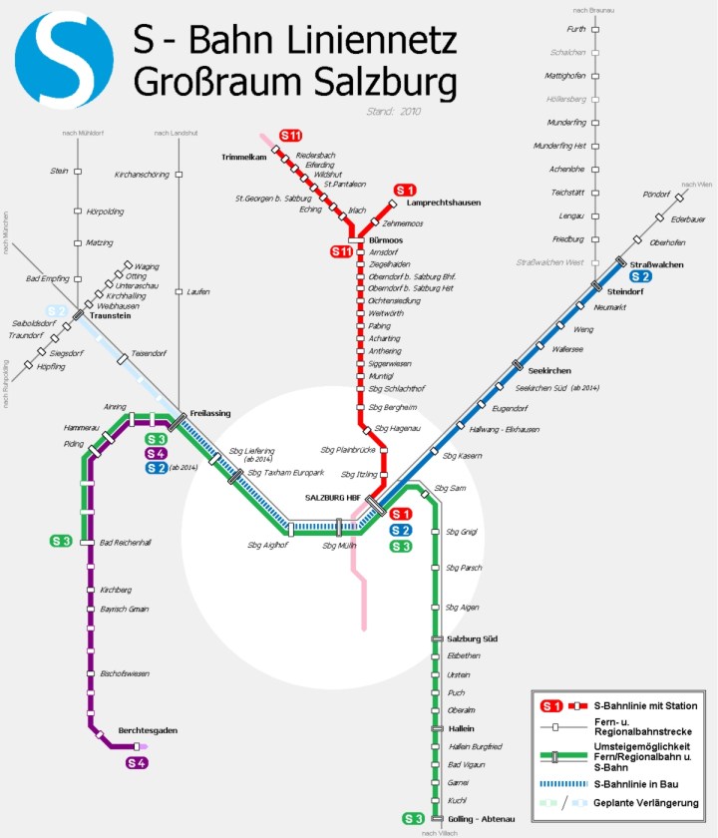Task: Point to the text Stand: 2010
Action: pyautogui.click(x=394, y=111)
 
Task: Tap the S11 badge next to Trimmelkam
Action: pyautogui.click(x=290, y=135)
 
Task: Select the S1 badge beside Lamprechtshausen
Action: pyautogui.click(x=405, y=190)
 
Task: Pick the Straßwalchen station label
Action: pyautogui.click(x=650, y=263)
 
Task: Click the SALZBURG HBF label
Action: pyautogui.click(x=332, y=497)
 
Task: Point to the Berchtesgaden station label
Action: pyautogui.click(x=148, y=730)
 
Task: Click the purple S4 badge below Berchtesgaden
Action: pyautogui.click(x=137, y=763)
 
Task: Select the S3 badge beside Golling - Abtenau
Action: pyautogui.click(x=413, y=819)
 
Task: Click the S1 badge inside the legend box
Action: pyautogui.click(x=552, y=706)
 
